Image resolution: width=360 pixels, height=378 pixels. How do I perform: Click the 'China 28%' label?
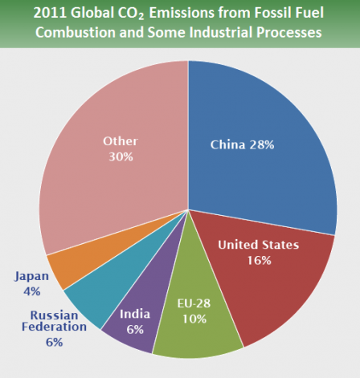click(242, 145)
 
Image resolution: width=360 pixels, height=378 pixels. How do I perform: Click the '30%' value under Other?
click(120, 157)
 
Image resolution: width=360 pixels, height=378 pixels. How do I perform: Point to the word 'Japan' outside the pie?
click(31, 276)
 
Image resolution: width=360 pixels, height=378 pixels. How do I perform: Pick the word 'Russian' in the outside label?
click(53, 314)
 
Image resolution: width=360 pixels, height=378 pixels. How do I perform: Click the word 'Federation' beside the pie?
click(54, 327)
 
